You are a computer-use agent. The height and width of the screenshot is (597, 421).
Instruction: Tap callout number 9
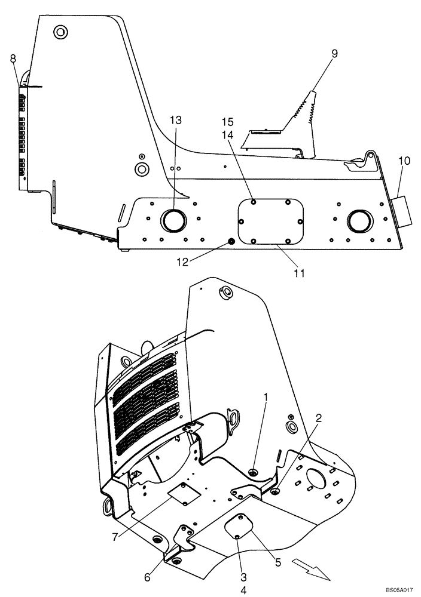click(x=334, y=54)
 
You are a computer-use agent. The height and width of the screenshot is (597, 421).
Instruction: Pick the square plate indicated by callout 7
click(x=184, y=493)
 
